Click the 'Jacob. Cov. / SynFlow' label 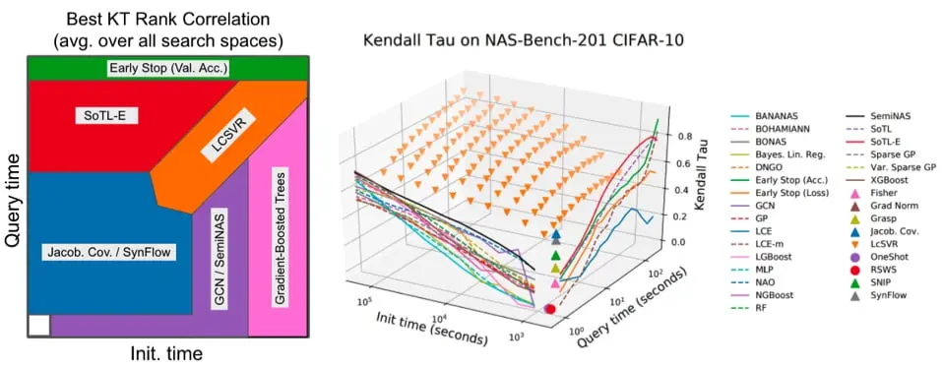(x=109, y=253)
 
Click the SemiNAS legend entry (x=892, y=115)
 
